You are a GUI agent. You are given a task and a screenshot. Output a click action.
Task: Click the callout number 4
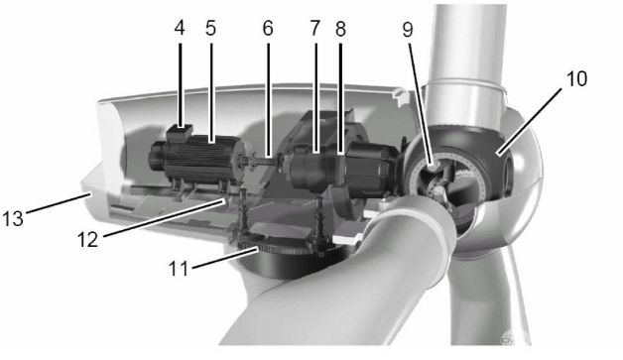tap(180, 28)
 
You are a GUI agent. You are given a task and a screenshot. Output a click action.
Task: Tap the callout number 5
tap(210, 28)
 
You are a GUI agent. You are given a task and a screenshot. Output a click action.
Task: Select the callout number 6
tap(268, 28)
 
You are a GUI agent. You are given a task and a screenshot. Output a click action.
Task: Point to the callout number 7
tap(314, 28)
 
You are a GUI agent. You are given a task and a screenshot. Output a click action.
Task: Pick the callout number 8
tap(340, 29)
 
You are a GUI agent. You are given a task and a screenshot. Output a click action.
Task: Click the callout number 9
tap(408, 30)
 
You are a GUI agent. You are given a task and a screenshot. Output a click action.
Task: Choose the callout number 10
tap(576, 78)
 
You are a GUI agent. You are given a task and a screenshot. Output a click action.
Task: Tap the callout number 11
tap(179, 269)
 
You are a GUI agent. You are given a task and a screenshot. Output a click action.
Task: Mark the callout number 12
tap(87, 240)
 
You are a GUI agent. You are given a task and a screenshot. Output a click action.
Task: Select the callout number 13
tap(13, 218)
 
